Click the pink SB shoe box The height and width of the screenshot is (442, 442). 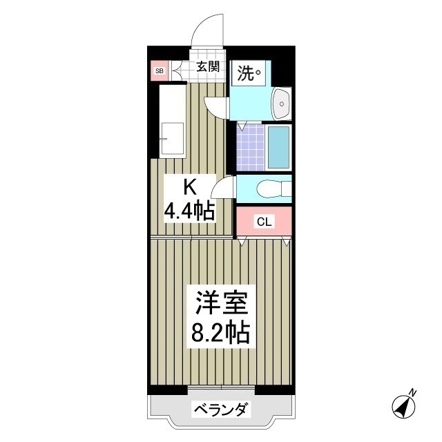(x=160, y=70)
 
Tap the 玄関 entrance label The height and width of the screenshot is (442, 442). (x=207, y=67)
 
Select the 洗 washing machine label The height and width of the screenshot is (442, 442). (x=249, y=73)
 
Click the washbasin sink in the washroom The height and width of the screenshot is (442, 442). (x=282, y=104)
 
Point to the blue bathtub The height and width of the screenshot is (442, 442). (x=279, y=146)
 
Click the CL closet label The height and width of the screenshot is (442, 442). (x=264, y=222)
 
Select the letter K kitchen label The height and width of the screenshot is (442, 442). (x=189, y=186)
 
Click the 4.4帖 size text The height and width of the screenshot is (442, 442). (x=189, y=211)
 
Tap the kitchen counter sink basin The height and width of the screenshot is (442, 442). (x=172, y=139)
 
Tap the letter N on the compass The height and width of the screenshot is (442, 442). (x=412, y=393)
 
